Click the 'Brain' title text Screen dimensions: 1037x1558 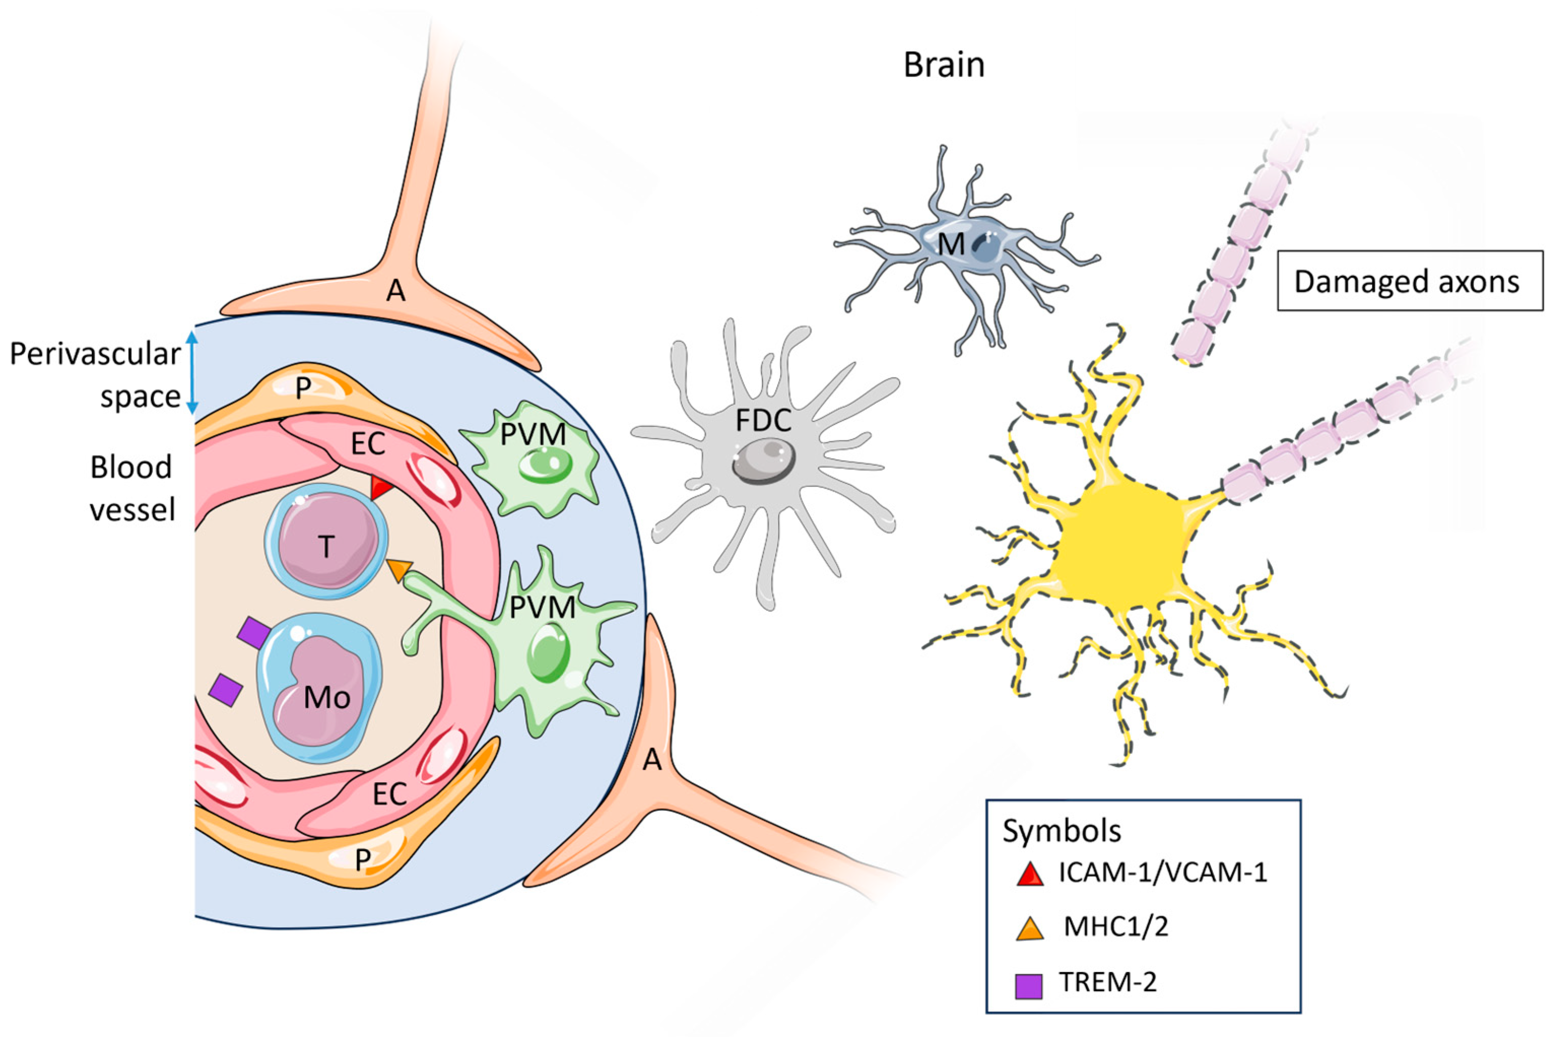point(943,65)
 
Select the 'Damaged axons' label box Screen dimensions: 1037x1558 point(1409,281)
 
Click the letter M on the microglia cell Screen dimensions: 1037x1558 point(951,245)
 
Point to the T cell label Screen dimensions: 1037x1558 point(326,547)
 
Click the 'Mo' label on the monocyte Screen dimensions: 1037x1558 point(326,697)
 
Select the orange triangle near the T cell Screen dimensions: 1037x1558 point(398,569)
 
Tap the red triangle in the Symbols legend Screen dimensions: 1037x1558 point(1029,874)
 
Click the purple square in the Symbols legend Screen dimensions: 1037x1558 point(1029,985)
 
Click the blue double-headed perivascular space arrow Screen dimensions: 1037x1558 point(192,372)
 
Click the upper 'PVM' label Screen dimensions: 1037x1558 point(532,434)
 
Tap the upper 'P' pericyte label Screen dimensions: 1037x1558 point(303,389)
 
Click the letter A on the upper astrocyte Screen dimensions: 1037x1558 point(396,290)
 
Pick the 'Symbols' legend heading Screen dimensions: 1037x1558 point(1061,831)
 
